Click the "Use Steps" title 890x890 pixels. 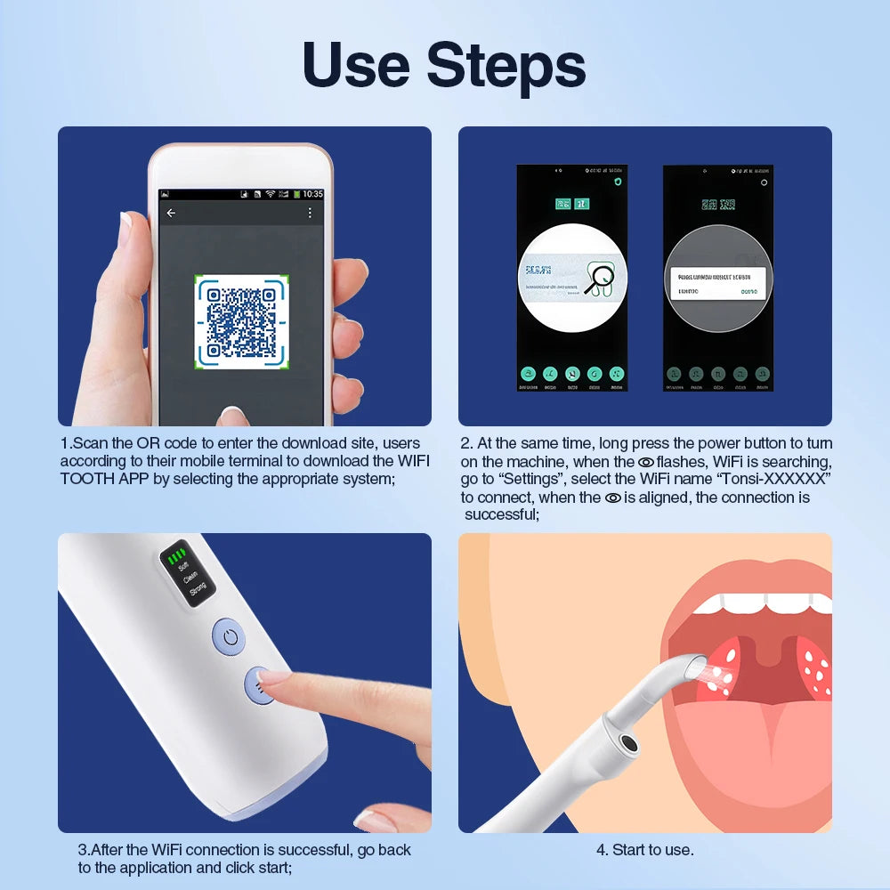tap(444, 66)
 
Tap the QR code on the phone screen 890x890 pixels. tap(240, 320)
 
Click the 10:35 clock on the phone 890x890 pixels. tap(312, 193)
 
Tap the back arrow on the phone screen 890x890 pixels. tap(171, 213)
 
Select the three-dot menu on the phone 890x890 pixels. tap(310, 213)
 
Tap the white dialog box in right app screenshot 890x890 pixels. tap(717, 283)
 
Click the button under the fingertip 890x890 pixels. tap(260, 686)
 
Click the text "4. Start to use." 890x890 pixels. tap(644, 850)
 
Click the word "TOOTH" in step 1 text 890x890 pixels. tap(88, 479)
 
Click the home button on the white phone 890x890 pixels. tap(233, 417)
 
